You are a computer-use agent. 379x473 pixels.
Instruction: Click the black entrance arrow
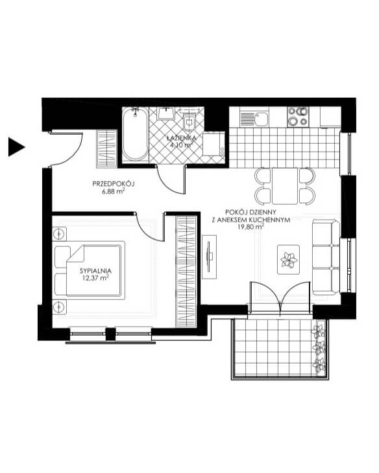click(x=16, y=147)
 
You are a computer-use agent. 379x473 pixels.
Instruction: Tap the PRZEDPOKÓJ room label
click(x=114, y=184)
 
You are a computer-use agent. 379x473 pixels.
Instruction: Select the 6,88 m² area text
click(x=114, y=192)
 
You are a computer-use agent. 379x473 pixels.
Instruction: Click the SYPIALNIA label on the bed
click(x=95, y=271)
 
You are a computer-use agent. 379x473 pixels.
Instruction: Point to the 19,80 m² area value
click(x=251, y=227)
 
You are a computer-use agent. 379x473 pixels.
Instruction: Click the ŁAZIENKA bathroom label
click(x=181, y=138)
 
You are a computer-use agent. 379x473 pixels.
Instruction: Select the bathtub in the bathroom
click(x=135, y=134)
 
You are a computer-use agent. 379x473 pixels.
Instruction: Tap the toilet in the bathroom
click(x=189, y=122)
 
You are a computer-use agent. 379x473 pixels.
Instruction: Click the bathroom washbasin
click(x=165, y=113)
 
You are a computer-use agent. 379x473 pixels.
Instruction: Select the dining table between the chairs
click(x=285, y=186)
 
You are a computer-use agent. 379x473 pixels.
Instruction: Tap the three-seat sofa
click(x=326, y=257)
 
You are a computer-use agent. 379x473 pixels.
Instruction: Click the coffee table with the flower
click(x=289, y=259)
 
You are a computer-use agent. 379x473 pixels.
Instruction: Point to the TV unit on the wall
click(x=209, y=257)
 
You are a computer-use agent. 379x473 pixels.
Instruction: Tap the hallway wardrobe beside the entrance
click(x=106, y=148)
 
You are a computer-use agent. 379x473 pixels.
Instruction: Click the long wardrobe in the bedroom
click(x=186, y=271)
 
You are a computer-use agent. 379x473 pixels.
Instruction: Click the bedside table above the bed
click(x=60, y=234)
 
